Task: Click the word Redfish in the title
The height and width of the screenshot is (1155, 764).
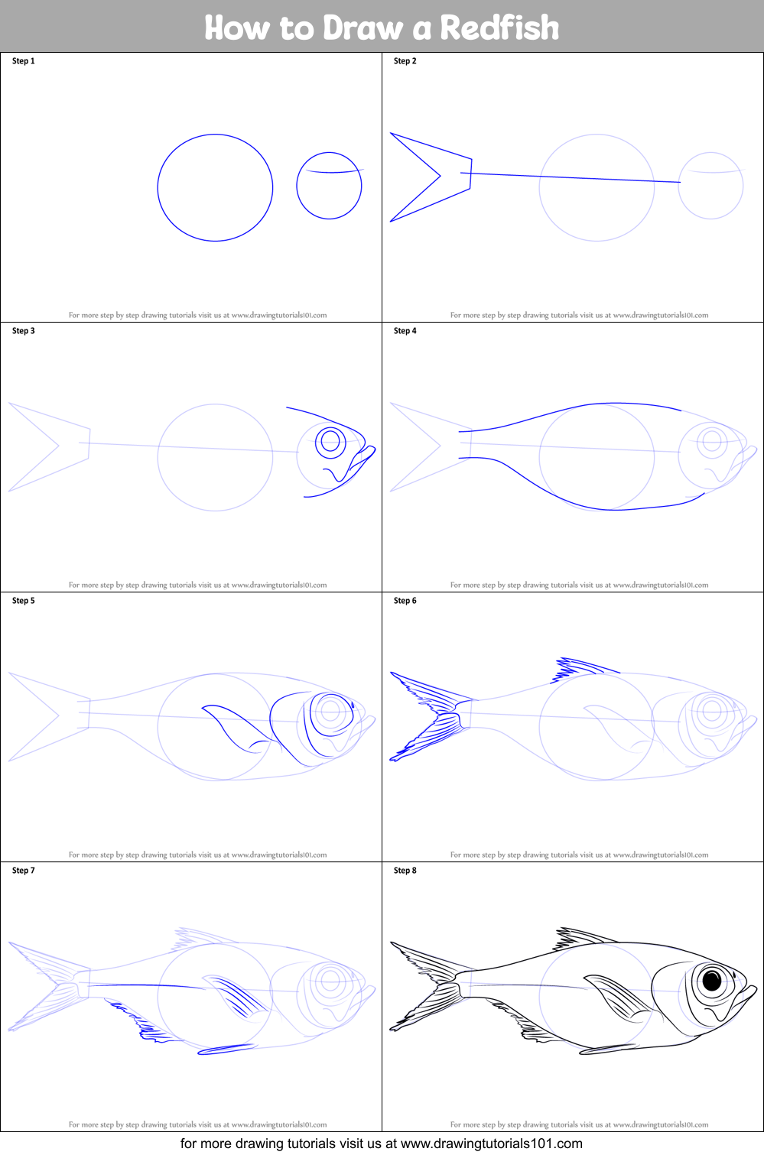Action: coord(499,28)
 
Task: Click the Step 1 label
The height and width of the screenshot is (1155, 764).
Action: coord(24,61)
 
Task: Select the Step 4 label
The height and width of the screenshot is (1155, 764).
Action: coord(405,331)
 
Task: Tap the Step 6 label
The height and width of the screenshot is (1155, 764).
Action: coord(405,601)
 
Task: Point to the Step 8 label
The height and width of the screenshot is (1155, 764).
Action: coord(405,871)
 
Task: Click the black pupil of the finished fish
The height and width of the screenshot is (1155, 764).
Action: coord(712,980)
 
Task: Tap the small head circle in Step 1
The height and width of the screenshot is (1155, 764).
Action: coord(329,186)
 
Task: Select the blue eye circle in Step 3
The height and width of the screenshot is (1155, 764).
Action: coord(330,441)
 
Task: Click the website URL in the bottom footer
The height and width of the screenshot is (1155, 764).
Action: coord(491,1144)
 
